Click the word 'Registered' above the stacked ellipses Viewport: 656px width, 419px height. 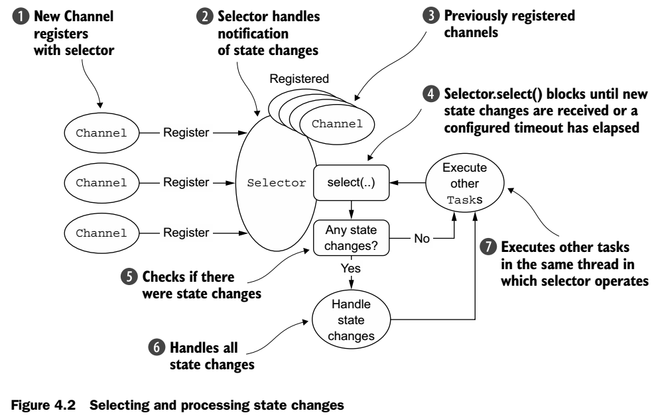point(298,78)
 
